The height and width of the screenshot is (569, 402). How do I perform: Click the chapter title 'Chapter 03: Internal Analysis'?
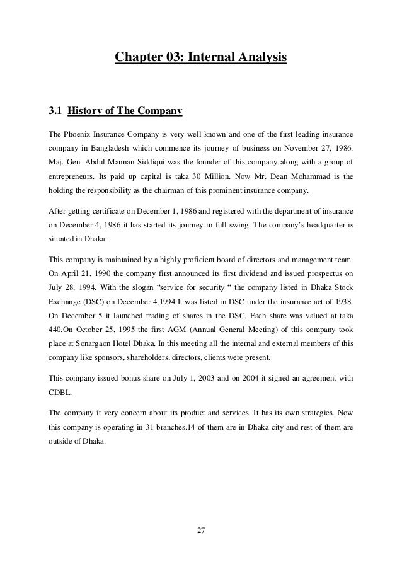coord(200,59)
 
